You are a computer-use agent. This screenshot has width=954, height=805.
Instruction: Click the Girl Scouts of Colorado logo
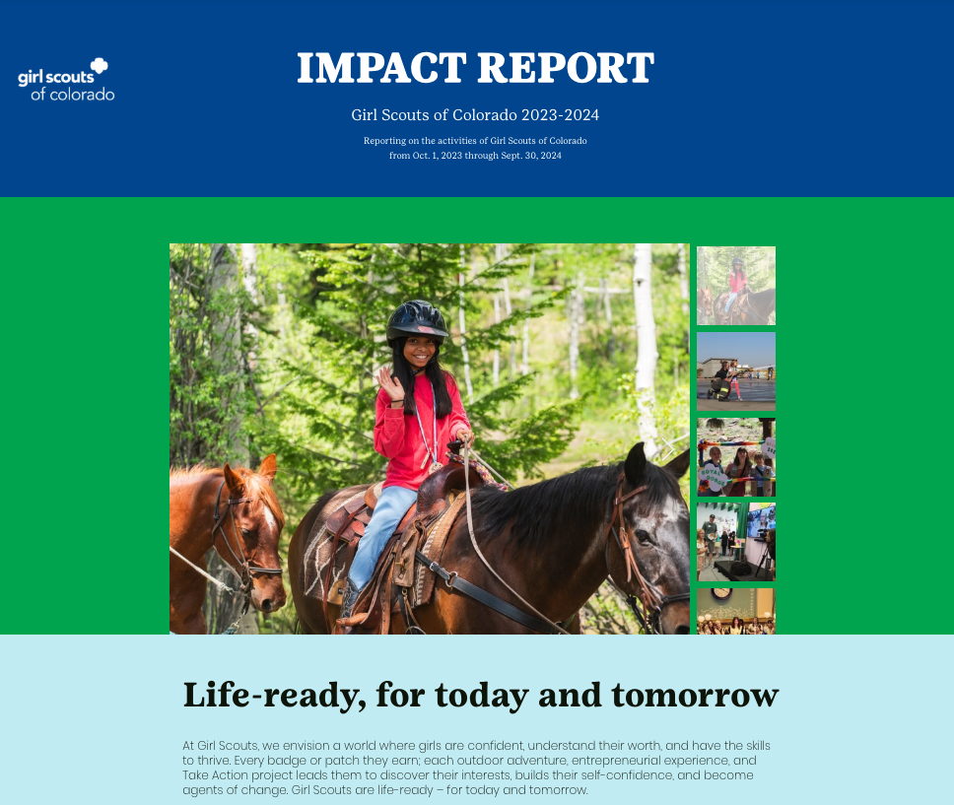(66, 80)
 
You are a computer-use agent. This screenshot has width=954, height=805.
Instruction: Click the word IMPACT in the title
(381, 68)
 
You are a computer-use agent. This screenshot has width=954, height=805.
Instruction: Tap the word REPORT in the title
(566, 68)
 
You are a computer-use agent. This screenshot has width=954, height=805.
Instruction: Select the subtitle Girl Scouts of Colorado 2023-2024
(475, 115)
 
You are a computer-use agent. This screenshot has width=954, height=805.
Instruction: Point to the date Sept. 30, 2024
(531, 155)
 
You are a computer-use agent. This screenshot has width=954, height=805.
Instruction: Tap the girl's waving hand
(390, 384)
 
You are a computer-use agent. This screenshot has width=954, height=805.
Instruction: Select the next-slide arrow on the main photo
(667, 449)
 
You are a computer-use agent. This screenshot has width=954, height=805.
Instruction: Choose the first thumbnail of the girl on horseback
(736, 286)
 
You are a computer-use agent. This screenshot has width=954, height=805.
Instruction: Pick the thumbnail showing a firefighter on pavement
(736, 371)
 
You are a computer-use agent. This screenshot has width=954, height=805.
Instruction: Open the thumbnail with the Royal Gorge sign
(736, 457)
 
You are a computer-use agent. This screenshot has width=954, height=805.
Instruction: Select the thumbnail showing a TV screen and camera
(736, 542)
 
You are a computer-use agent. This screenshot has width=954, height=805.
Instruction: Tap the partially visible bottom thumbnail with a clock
(736, 612)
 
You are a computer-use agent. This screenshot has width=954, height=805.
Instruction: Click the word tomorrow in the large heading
(695, 696)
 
